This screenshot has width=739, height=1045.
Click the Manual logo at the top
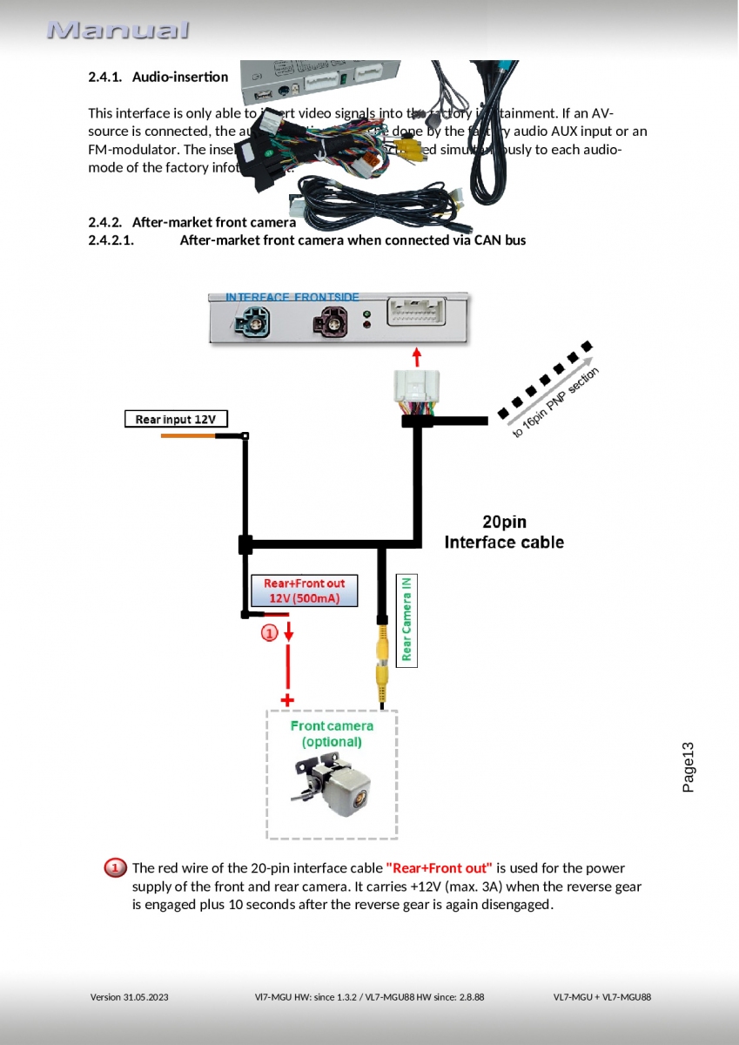[118, 30]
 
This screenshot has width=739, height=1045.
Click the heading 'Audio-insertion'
[180, 77]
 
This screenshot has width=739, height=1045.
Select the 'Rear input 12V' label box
[175, 419]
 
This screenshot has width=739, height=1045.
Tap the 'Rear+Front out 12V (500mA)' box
[303, 590]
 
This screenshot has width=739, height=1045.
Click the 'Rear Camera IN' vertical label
[406, 618]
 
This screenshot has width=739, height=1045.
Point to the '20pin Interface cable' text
[504, 532]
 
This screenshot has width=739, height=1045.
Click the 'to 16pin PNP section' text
[555, 402]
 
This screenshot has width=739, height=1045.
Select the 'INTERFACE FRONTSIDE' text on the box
[292, 298]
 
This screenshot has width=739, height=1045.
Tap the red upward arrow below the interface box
[417, 356]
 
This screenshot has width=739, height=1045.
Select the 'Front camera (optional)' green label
[332, 733]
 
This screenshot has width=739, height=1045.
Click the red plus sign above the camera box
[286, 699]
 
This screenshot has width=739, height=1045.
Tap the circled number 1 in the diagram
[270, 633]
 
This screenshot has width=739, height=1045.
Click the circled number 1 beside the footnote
[115, 868]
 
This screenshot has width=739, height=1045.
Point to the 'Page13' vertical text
[688, 766]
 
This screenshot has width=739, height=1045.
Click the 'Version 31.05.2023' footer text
[130, 997]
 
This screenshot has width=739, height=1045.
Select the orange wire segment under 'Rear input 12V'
[188, 435]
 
